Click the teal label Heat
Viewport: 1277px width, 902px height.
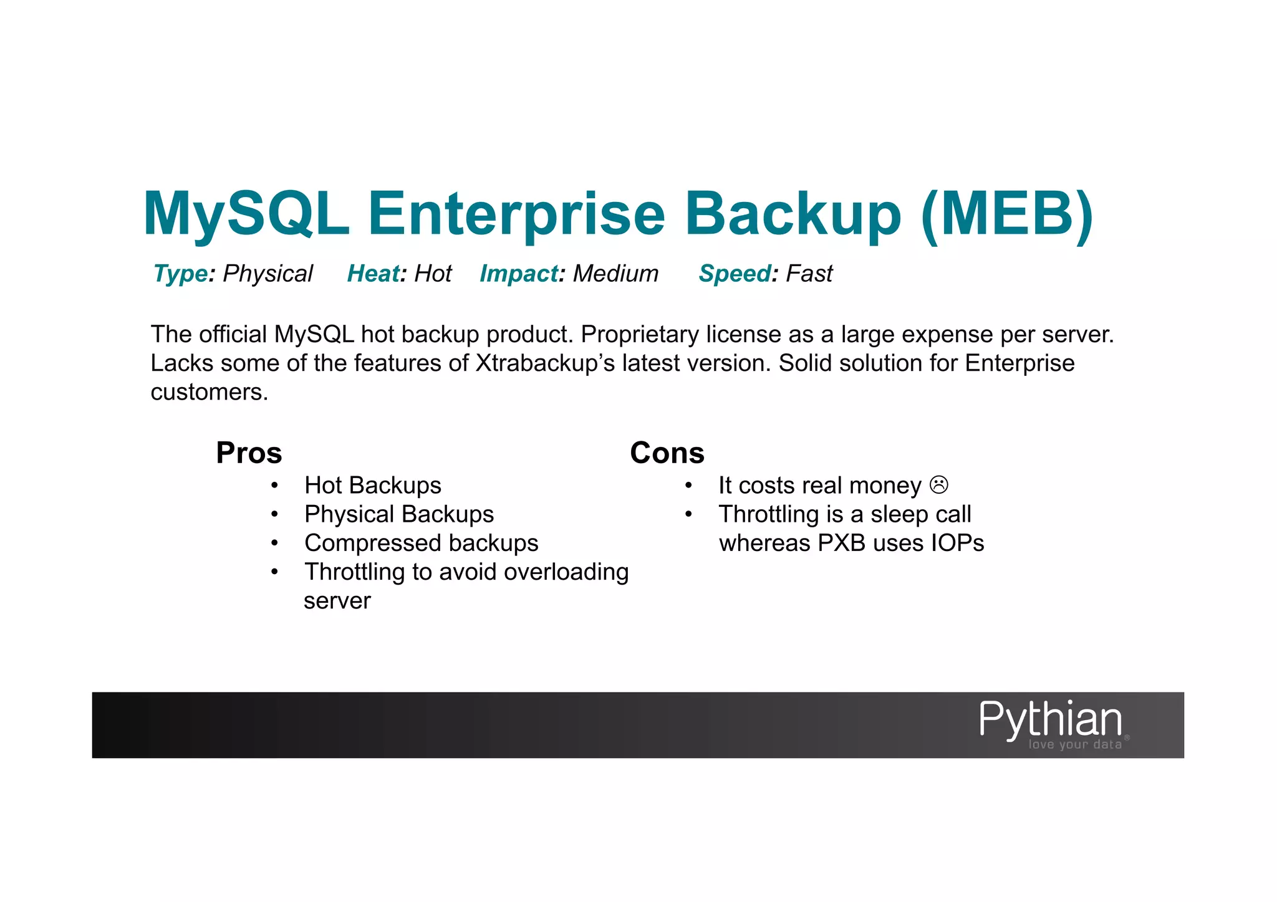pos(373,274)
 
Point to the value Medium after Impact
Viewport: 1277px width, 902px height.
pos(615,274)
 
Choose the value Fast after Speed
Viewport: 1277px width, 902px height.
pos(809,274)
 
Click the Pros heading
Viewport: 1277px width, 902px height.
pos(249,453)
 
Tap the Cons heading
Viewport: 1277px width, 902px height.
pos(667,453)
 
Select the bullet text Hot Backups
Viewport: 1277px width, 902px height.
pos(372,485)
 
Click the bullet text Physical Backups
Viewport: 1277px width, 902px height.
pos(398,514)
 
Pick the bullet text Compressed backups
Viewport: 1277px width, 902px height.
pos(421,543)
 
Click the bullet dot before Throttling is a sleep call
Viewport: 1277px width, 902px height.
pos(688,514)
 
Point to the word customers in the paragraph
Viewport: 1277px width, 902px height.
pos(209,392)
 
